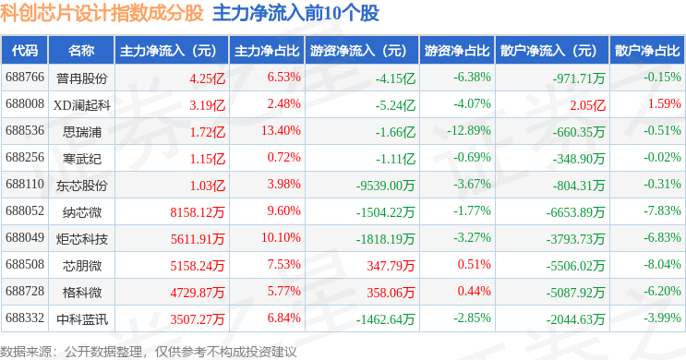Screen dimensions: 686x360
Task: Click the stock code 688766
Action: click(25, 77)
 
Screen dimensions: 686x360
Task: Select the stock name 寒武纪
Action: click(82, 159)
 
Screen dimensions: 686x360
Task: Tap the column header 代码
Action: click(25, 51)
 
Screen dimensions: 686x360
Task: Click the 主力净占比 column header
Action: click(267, 51)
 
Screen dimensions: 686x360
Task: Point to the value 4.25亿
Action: click(208, 78)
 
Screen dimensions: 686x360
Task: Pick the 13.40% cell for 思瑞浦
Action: click(281, 130)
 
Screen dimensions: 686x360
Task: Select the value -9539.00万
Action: click(385, 186)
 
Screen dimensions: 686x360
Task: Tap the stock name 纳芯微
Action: click(82, 212)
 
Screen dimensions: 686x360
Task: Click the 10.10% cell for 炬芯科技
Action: click(281, 237)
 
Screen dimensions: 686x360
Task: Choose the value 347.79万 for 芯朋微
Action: click(391, 266)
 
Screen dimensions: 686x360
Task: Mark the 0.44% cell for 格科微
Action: click(475, 291)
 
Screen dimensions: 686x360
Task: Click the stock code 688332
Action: click(25, 318)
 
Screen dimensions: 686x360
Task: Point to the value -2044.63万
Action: click(575, 319)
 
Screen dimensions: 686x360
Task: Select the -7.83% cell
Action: click(662, 210)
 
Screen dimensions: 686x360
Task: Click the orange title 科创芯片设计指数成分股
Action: click(102, 13)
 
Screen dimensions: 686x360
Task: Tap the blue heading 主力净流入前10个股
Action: click(295, 13)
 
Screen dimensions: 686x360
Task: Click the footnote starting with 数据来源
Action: click(149, 352)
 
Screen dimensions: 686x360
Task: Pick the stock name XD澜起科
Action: click(82, 105)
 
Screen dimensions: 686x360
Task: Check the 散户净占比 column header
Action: click(647, 51)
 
